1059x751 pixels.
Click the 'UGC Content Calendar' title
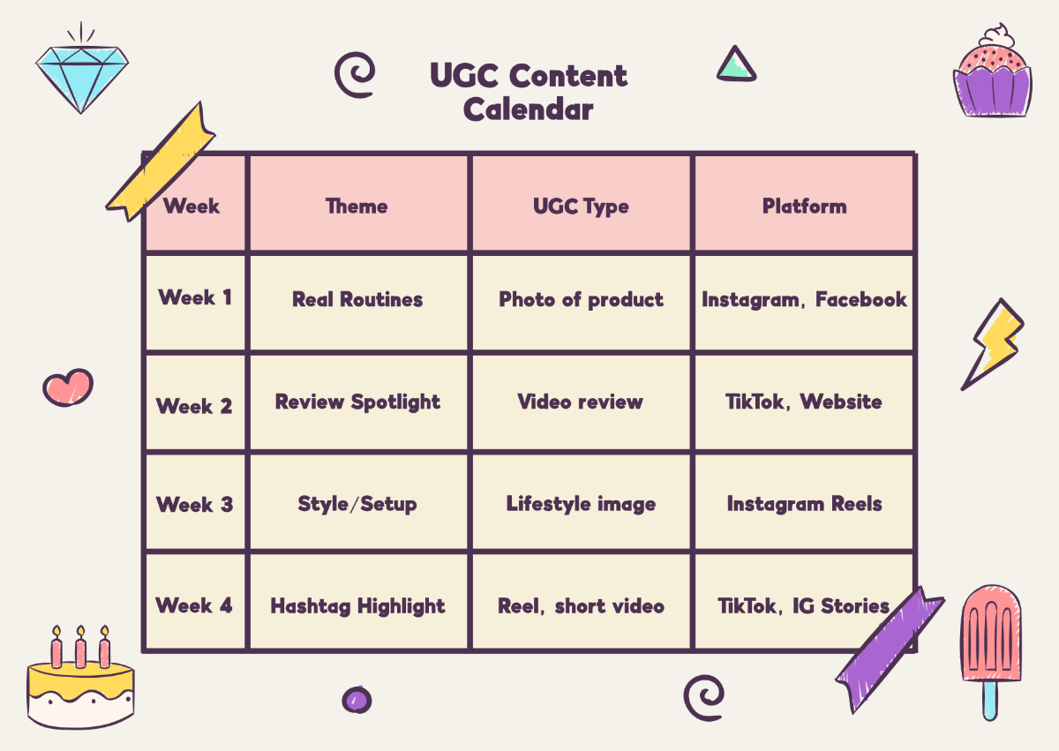tap(529, 92)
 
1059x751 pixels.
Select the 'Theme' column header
tap(357, 207)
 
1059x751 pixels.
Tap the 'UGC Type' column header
tap(581, 207)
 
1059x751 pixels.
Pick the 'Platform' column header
tap(804, 207)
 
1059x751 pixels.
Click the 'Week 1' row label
tap(195, 297)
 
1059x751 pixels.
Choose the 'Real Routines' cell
tap(357, 300)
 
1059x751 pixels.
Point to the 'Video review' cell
tap(581, 402)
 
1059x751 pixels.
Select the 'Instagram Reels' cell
tap(804, 504)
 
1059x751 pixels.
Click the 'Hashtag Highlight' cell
tap(357, 606)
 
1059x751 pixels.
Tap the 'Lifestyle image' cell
tap(581, 504)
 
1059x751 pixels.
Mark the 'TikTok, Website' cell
tap(804, 402)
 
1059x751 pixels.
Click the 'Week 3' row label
tap(195, 505)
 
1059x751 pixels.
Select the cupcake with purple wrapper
tap(992, 75)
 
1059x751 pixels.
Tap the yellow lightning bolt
tap(993, 344)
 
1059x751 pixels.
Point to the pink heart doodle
tap(67, 387)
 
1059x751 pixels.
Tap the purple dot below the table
tap(357, 700)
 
